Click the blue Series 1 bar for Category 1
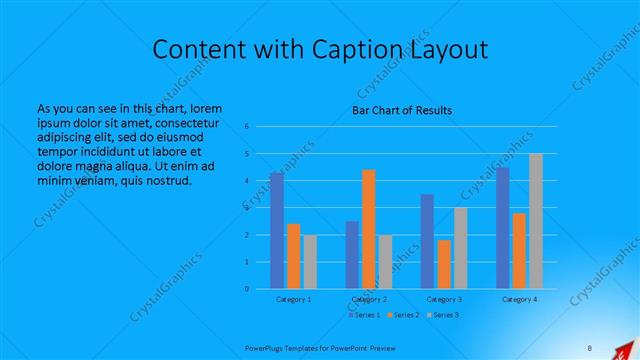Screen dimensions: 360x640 point(276,230)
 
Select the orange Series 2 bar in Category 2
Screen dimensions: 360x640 point(368,229)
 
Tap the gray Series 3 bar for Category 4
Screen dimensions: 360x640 point(536,221)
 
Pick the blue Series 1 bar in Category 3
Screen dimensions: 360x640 point(427,241)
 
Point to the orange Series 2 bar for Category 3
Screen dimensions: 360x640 point(444,264)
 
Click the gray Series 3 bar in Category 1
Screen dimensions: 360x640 point(310,262)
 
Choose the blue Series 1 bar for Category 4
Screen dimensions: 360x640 point(502,228)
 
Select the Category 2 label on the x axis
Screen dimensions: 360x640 point(368,299)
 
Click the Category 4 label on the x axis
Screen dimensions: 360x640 point(519,299)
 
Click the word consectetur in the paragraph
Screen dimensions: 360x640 point(190,123)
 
